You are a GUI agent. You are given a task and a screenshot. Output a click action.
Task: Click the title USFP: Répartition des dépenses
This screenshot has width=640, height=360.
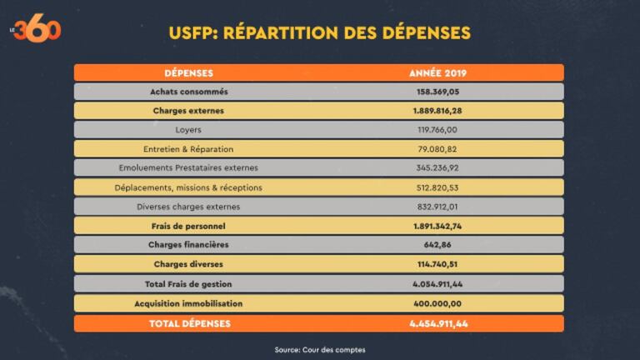click(x=319, y=33)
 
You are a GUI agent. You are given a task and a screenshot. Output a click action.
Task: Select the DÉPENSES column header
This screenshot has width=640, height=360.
click(x=188, y=72)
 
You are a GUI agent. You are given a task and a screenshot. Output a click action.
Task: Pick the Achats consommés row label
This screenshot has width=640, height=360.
click(x=188, y=92)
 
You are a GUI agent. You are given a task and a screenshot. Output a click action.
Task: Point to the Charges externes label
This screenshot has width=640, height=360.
click(x=188, y=111)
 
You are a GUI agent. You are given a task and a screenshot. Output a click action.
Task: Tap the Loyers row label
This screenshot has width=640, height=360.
click(x=188, y=130)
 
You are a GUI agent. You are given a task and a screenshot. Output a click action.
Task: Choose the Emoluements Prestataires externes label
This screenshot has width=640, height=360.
click(x=188, y=168)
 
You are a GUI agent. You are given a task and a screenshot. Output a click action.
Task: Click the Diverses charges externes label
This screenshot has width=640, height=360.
click(x=188, y=207)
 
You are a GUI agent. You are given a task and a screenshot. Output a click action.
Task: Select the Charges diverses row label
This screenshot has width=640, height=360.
click(x=188, y=264)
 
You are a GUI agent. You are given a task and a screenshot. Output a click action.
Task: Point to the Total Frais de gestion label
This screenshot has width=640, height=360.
click(x=188, y=283)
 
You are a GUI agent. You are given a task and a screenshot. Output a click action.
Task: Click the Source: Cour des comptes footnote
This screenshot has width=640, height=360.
click(x=319, y=349)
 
